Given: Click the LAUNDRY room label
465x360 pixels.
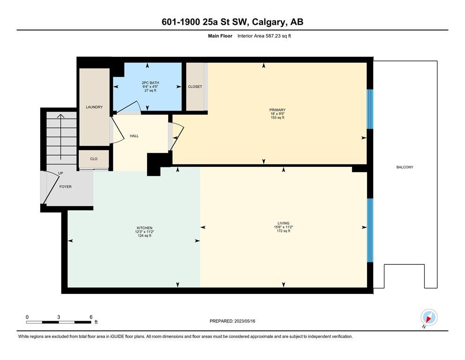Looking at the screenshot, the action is click(x=94, y=107).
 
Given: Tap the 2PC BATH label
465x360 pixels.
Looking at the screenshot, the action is click(x=150, y=83).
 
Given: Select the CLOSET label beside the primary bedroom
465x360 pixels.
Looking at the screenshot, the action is click(x=195, y=87).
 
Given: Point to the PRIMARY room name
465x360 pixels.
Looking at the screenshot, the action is click(x=277, y=110).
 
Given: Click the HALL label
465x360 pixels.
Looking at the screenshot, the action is click(x=134, y=136).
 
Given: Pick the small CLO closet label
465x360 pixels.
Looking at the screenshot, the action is click(x=94, y=159).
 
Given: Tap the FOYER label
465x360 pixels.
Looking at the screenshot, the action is click(x=65, y=187).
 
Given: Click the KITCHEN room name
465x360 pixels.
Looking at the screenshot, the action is click(x=144, y=228).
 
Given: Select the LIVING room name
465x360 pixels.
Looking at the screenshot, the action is click(x=283, y=223).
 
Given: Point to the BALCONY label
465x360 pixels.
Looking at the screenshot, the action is click(x=405, y=167).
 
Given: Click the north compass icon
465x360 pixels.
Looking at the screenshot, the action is click(x=429, y=317).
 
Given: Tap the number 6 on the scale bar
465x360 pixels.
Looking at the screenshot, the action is click(x=91, y=317).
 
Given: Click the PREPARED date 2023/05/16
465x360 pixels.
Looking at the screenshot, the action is click(x=244, y=321).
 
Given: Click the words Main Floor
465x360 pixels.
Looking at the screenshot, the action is click(x=220, y=36).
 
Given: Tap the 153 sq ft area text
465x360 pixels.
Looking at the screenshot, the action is click(x=277, y=118).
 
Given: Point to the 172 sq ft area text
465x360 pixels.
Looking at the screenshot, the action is click(x=283, y=231).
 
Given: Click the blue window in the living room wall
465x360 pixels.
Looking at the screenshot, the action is click(x=370, y=230).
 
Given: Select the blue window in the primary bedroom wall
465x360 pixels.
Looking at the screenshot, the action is click(x=370, y=109).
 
